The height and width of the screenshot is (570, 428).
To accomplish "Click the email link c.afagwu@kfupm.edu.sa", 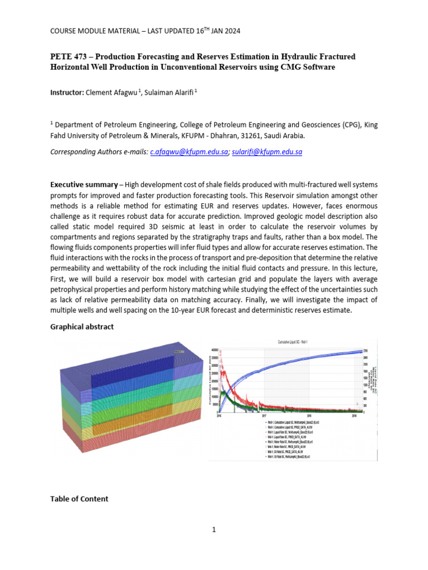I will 189,151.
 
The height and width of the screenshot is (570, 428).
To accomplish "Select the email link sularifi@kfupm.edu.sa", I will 266,151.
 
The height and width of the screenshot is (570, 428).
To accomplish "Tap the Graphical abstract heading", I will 82,327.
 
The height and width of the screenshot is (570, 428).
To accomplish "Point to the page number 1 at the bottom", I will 213,529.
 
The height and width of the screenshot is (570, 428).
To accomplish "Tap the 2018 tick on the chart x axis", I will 309,415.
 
